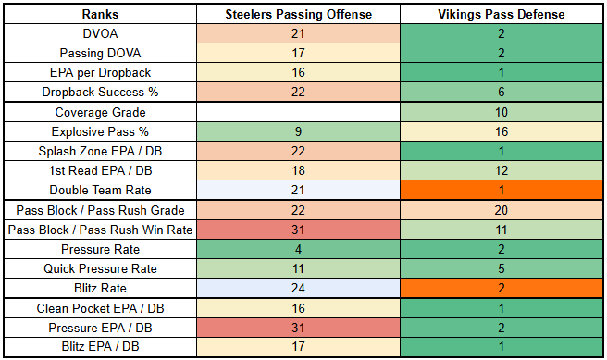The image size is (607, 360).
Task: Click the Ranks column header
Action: [100, 14]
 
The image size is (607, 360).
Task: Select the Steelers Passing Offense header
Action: [299, 14]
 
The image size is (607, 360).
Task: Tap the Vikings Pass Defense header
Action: [502, 14]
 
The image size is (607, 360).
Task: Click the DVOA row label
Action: [100, 33]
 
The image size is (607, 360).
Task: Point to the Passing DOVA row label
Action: [100, 53]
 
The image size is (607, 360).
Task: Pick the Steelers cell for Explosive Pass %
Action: [299, 131]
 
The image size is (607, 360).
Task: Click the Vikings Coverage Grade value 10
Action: [502, 112]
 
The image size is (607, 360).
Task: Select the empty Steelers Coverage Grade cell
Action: [299, 112]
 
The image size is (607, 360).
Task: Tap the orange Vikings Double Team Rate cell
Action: [502, 190]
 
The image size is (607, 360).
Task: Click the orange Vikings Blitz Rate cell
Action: [502, 288]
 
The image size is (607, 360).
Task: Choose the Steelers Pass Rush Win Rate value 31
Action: [299, 230]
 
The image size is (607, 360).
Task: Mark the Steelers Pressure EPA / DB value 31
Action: [299, 328]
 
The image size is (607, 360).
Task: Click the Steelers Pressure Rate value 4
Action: [299, 249]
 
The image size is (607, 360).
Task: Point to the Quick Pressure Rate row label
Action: [100, 268]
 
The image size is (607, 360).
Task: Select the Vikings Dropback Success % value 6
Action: [502, 92]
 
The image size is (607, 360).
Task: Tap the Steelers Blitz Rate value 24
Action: [299, 288]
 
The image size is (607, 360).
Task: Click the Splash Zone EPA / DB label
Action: [100, 151]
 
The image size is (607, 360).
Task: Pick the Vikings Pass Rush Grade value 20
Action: [502, 210]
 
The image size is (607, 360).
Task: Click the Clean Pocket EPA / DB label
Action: [100, 308]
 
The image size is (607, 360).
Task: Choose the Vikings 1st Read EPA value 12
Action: [502, 170]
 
